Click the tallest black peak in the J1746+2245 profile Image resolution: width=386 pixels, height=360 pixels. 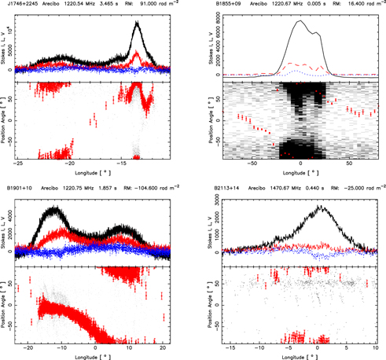pos(138,23)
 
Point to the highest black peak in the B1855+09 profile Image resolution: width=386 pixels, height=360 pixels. pos(300,22)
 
